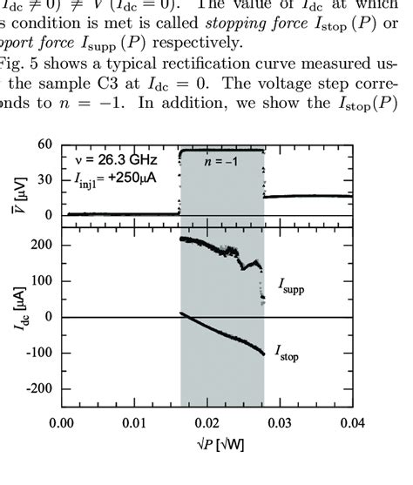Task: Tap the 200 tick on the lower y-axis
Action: coord(40,245)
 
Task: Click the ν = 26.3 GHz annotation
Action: coord(111,159)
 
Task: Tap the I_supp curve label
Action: coord(295,285)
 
